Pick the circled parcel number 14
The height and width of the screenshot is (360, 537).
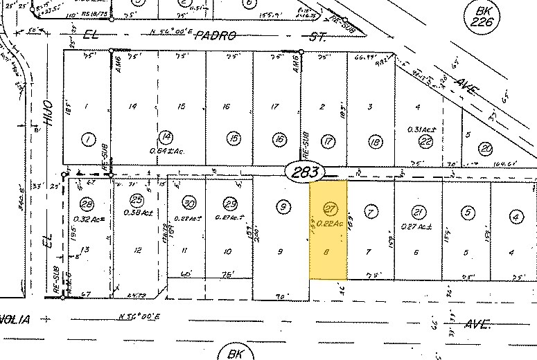[x=165, y=137]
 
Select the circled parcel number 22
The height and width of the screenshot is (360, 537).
[x=427, y=141]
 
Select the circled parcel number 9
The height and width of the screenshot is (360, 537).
[x=282, y=206]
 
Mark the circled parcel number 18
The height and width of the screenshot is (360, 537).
[x=375, y=141]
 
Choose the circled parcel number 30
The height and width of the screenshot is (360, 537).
[x=188, y=202]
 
